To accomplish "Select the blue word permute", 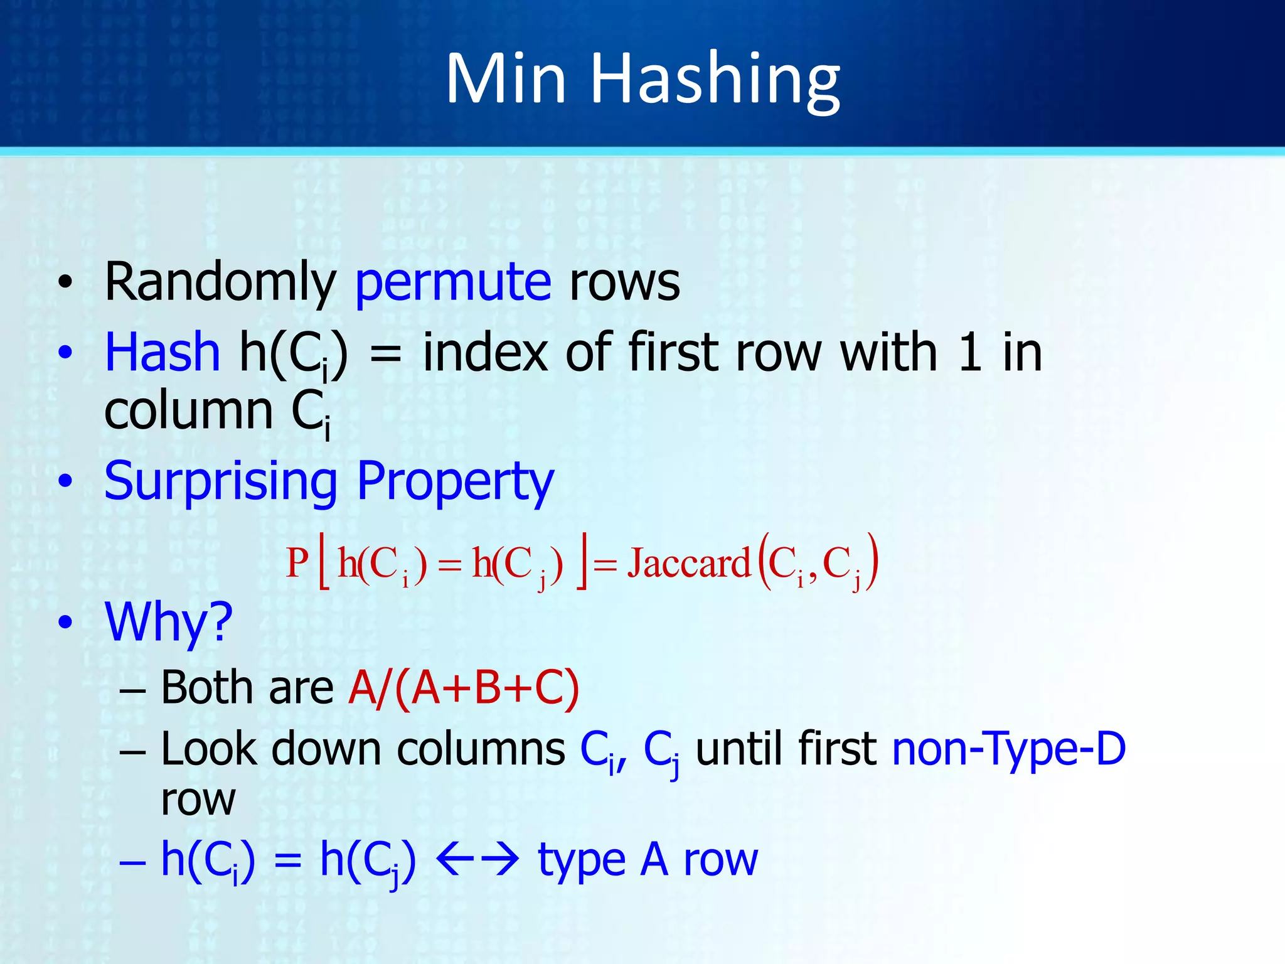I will coord(453,282).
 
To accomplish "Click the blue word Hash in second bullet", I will coord(162,352).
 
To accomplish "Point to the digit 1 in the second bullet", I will coord(969,352).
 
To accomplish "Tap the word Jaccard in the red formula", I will coord(689,563).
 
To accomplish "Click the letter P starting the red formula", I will coord(297,563).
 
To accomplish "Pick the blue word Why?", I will coord(169,623).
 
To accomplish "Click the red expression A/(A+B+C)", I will coord(464,688).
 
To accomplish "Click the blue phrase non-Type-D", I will coord(1008,749).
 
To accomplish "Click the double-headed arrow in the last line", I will coord(477,860).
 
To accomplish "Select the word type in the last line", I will coord(582,861).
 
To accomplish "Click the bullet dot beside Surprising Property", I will coord(65,482).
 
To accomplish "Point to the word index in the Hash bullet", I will coord(486,352).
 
